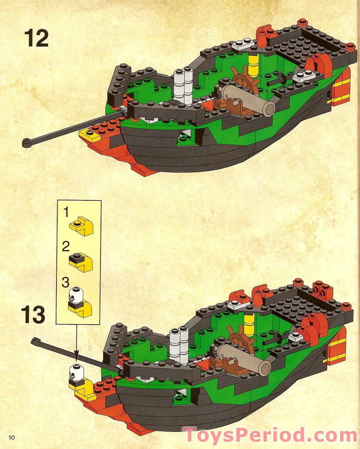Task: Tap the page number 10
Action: [11, 437]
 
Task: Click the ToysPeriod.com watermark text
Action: [270, 435]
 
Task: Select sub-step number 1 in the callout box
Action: [66, 213]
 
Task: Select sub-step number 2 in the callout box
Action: [66, 246]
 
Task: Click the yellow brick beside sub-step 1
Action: [81, 226]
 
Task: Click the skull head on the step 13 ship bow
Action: [76, 372]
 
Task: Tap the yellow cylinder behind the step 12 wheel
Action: [253, 65]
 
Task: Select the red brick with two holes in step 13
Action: [322, 291]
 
